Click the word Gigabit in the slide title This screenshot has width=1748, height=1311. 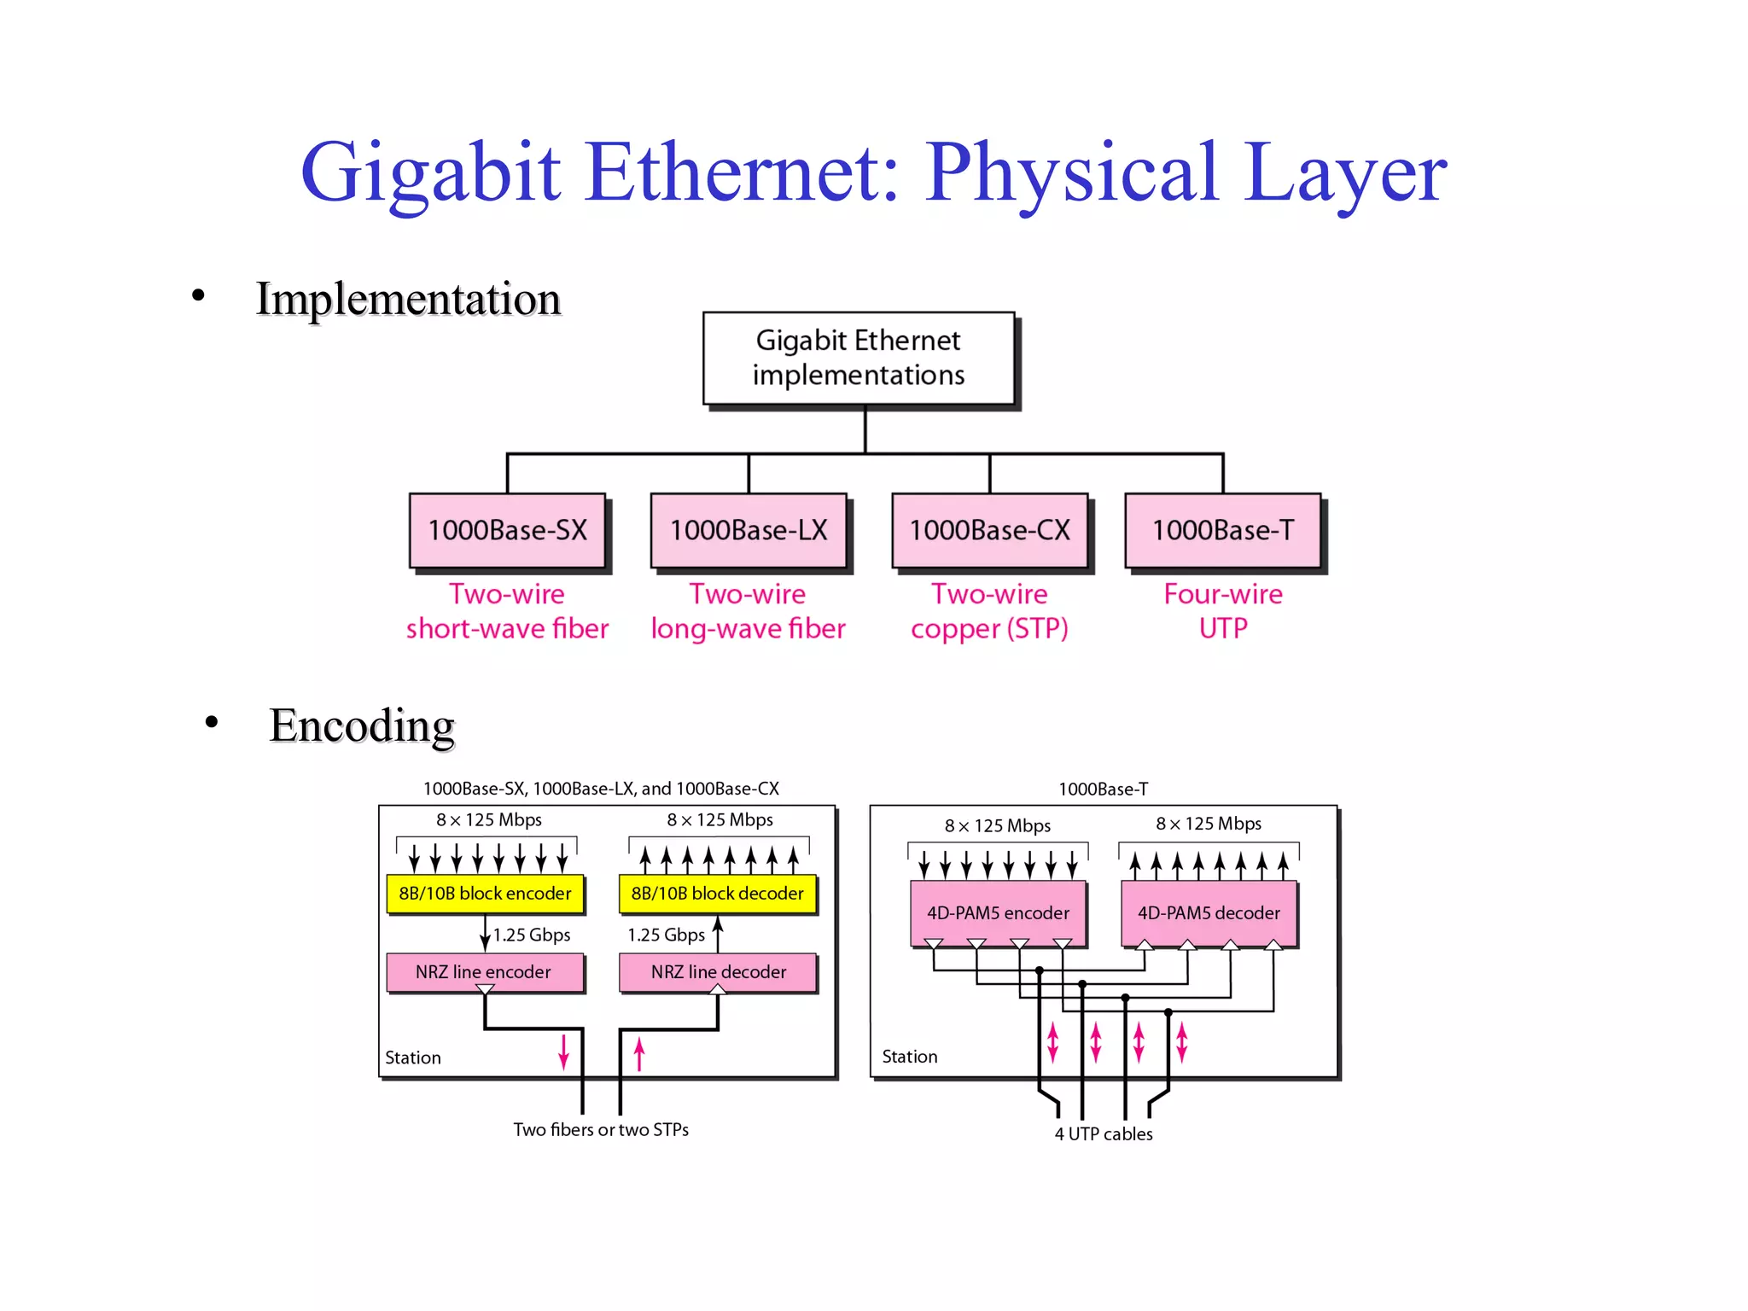tap(431, 173)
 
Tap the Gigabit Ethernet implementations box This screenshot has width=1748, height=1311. tap(858, 358)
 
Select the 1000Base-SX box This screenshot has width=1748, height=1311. tap(507, 530)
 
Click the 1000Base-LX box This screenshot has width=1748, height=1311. tap(748, 530)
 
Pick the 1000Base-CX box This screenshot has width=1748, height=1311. tap(989, 530)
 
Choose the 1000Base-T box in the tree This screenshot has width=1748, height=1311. tap(1222, 530)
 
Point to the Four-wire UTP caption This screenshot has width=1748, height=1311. tap(1222, 611)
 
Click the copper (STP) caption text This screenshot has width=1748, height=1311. tap(989, 629)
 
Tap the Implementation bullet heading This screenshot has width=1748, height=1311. tap(408, 299)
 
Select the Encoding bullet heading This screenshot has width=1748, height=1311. tap(362, 725)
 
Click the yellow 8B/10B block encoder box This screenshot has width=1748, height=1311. tap(485, 894)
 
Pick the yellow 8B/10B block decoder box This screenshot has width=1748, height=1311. tap(717, 894)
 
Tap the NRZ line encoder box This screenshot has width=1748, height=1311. tap(484, 972)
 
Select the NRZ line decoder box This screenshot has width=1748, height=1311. tap(718, 972)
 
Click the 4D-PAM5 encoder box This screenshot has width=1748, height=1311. tap(998, 913)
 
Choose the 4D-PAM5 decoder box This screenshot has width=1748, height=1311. tap(1209, 913)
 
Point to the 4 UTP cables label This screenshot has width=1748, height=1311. tap(1103, 1134)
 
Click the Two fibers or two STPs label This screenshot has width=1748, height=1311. tap(601, 1130)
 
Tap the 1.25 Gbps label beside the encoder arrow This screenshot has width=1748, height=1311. tap(531, 935)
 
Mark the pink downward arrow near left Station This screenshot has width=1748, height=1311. tap(563, 1052)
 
